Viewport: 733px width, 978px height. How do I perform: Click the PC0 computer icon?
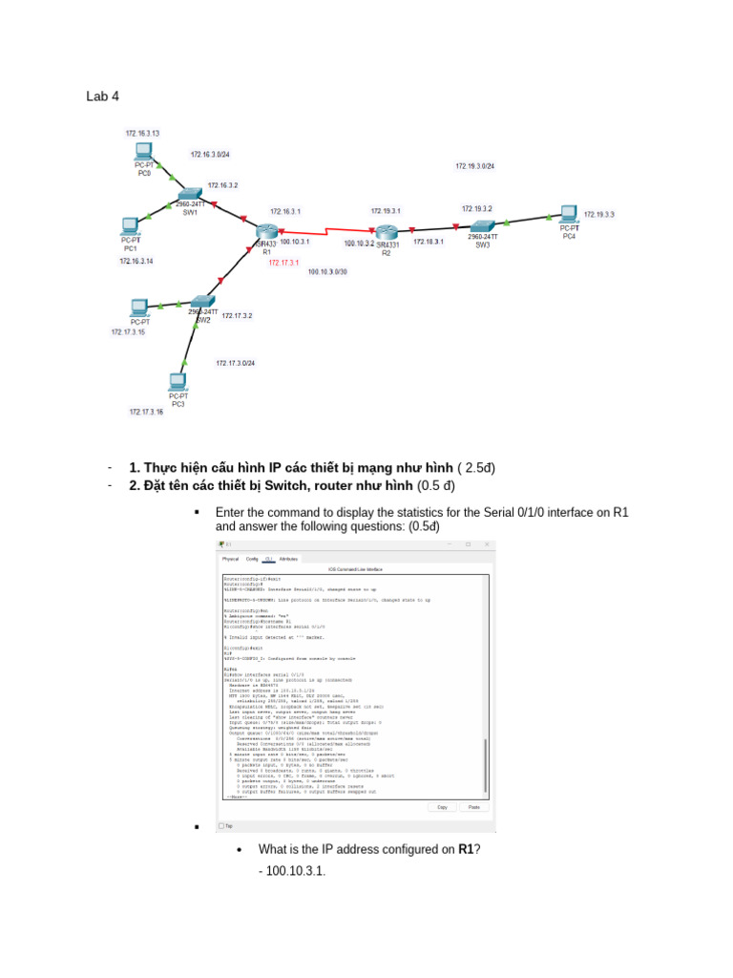click(x=144, y=151)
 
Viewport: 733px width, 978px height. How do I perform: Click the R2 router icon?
click(x=386, y=233)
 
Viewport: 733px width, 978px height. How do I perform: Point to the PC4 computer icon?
click(x=569, y=214)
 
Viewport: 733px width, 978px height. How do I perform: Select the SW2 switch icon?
click(x=199, y=302)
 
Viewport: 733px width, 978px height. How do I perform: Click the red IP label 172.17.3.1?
click(x=283, y=263)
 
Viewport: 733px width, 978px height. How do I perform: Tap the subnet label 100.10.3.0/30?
click(x=327, y=272)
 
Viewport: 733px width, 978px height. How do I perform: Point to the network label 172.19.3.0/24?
click(x=474, y=166)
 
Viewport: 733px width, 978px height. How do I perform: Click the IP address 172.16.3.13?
click(x=142, y=133)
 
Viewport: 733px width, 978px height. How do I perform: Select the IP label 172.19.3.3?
click(x=599, y=215)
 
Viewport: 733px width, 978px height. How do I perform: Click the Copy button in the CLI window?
click(x=442, y=807)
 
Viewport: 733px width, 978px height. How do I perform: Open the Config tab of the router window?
click(x=252, y=559)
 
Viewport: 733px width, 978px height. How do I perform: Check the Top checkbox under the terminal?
click(x=221, y=826)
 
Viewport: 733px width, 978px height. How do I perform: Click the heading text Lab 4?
click(x=102, y=96)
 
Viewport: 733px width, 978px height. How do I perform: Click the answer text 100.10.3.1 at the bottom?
click(x=293, y=871)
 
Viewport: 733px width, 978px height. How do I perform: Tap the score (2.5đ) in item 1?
click(x=476, y=467)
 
